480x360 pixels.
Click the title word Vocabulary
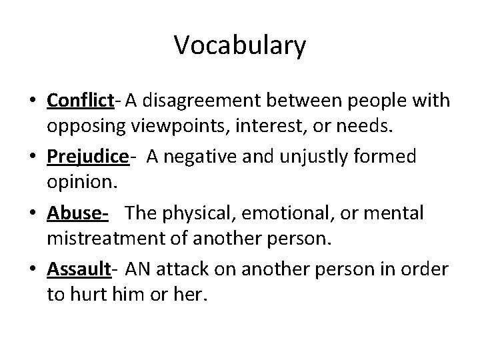[240, 46]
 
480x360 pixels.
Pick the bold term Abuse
[75, 213]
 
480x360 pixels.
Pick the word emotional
[279, 213]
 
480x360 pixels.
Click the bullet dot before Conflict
[33, 101]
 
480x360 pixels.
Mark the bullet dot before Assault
[33, 270]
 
